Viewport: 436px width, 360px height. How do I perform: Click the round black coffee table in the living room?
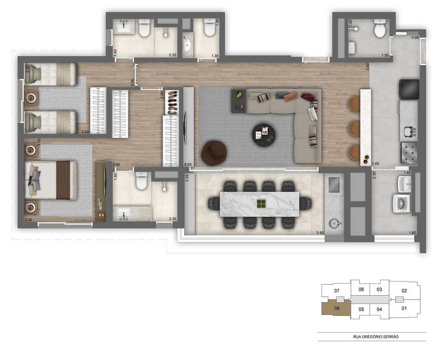263,135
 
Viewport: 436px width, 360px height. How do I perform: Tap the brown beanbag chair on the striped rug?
214,153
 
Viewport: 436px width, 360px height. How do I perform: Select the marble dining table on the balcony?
259,203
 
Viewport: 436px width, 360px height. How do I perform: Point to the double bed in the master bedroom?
51,180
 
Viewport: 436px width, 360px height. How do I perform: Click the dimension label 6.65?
188,164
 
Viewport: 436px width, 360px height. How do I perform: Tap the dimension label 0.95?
415,38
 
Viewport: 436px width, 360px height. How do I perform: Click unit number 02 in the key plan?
404,291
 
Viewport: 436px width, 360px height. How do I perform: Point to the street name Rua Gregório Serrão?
372,337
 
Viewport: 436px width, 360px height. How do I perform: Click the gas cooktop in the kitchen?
409,152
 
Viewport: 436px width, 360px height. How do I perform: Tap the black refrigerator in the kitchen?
408,89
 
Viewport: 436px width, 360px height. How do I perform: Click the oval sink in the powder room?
187,44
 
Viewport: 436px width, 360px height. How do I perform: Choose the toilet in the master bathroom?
141,181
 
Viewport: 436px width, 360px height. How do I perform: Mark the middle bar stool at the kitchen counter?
354,128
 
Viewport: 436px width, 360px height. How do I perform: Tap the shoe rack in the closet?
172,102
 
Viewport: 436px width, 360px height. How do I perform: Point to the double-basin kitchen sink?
408,132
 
